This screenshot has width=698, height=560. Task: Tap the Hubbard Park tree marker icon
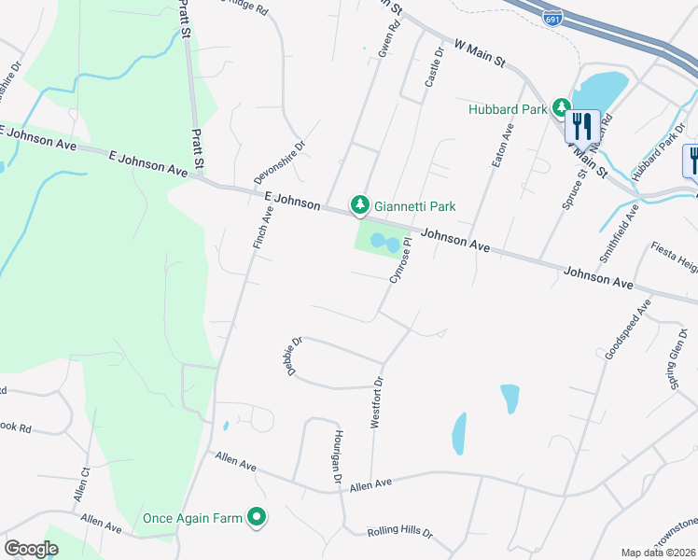562,109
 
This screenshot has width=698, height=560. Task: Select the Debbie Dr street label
294,357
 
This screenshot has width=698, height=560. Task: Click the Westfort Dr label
377,402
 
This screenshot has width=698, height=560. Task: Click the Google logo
31,548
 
